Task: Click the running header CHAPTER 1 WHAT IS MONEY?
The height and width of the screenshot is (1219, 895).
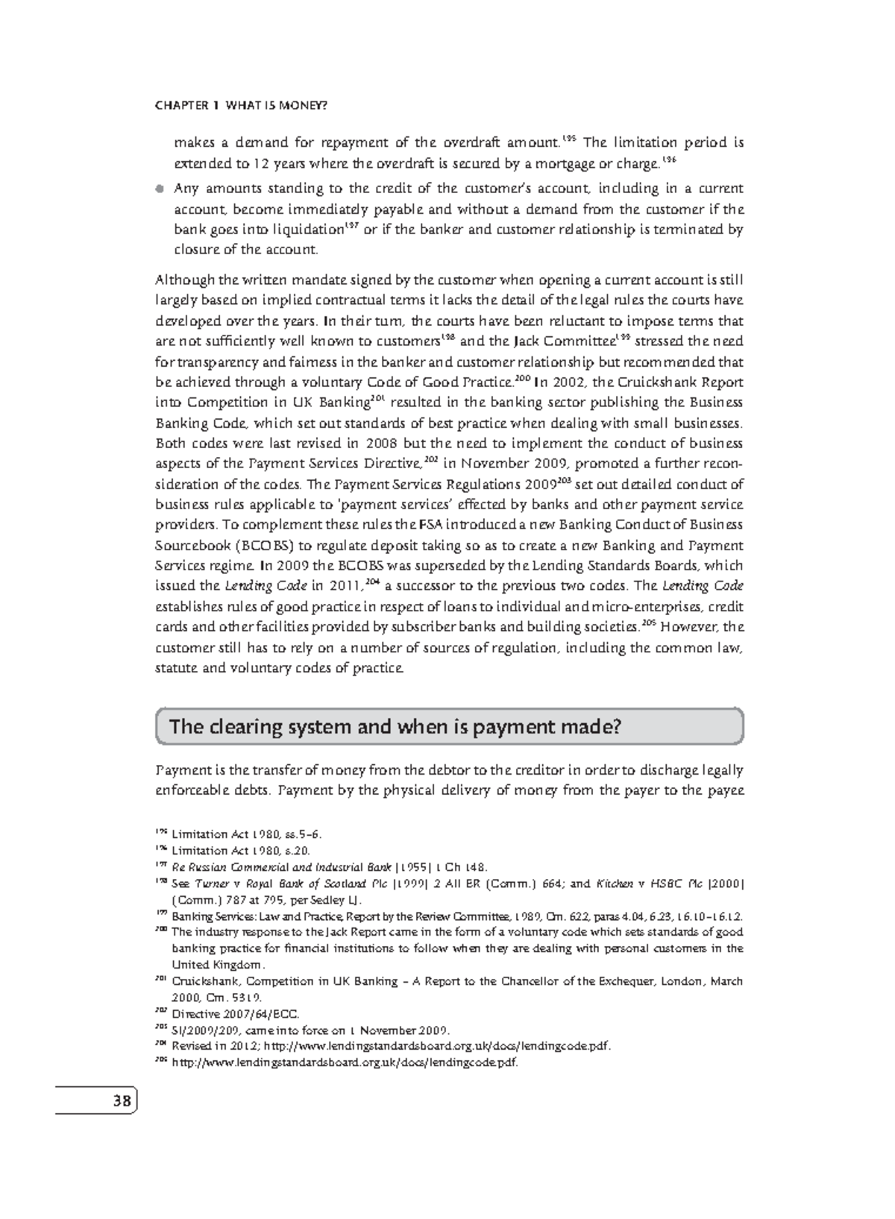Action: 241,106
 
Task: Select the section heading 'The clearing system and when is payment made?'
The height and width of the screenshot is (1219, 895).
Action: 395,726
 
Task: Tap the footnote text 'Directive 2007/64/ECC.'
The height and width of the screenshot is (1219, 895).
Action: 235,1014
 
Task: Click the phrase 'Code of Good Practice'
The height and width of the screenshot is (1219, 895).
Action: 446,382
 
